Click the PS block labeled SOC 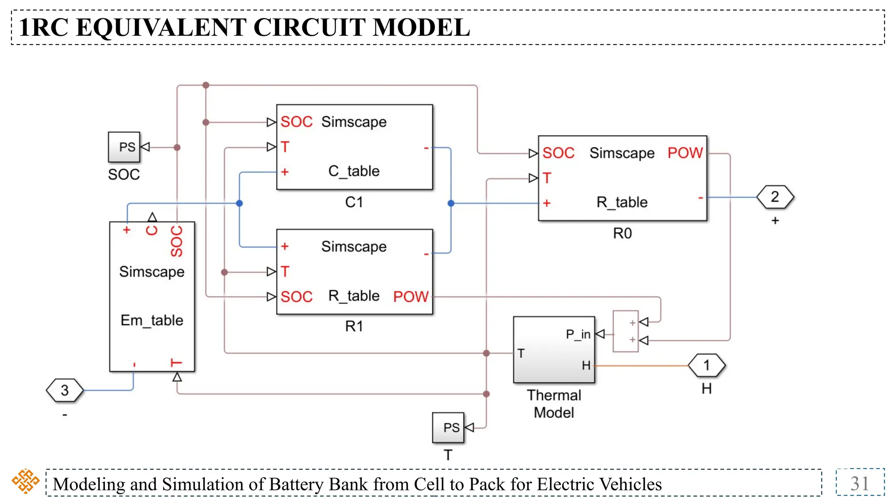124,147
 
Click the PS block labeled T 448,427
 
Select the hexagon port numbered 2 775,197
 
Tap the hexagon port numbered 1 707,365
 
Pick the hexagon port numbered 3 65,390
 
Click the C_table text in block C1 354,171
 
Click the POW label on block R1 410,297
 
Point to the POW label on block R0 685,153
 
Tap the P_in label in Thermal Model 578,335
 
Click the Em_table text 152,320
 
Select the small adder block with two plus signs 626,331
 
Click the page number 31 860,483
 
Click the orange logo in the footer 25,481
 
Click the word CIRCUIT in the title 310,28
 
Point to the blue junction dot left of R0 451,203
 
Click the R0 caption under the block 622,234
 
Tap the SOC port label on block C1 296,122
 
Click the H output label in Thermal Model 586,366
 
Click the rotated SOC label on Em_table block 177,241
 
